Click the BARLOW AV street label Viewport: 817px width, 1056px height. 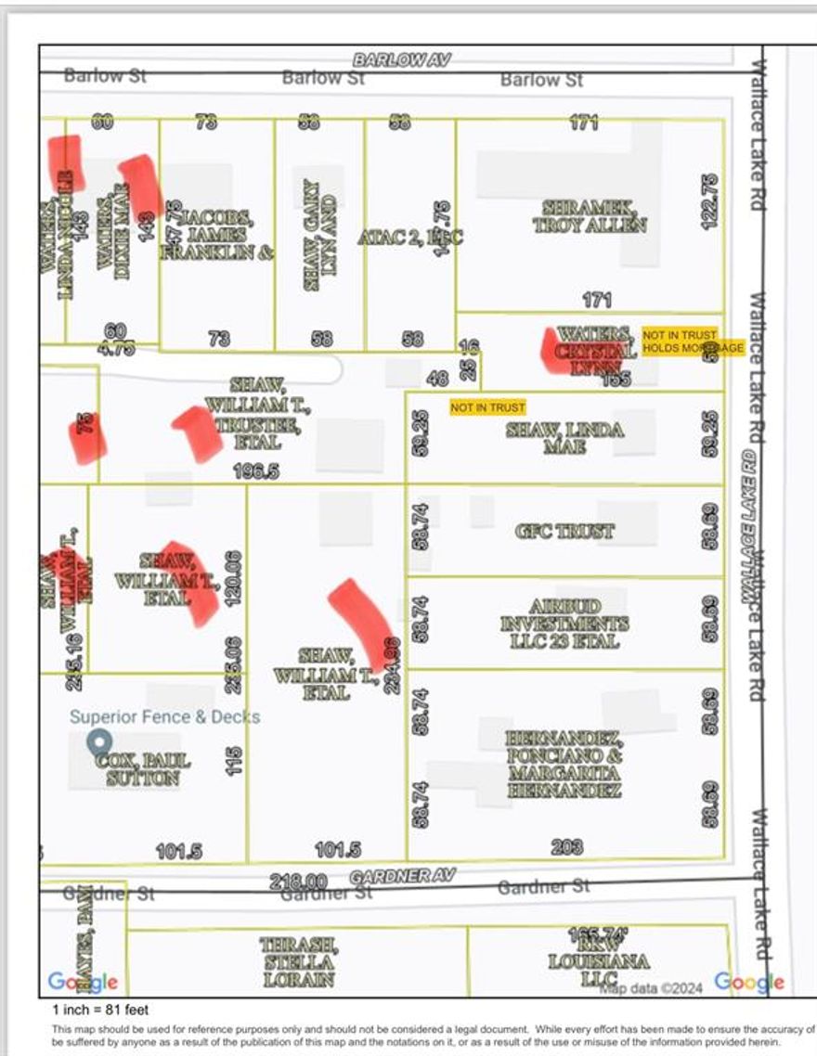pos(401,59)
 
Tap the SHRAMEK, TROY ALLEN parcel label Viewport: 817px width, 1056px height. pos(590,215)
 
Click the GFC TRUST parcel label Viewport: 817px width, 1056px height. pos(564,532)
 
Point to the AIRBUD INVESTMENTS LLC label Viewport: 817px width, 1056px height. pos(564,622)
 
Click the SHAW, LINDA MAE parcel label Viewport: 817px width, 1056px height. pos(564,438)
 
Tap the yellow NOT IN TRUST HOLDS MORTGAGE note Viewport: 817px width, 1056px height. pos(692,341)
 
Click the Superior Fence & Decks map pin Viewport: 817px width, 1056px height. pos(98,742)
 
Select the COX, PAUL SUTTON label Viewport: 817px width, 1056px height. pos(142,769)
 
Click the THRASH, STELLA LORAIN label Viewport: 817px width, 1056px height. pos(298,961)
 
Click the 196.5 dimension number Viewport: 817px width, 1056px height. pos(256,471)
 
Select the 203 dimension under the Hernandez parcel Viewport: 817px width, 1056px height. pos(566,846)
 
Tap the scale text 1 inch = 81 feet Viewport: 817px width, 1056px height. pos(100,1010)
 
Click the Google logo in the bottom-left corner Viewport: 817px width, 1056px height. pos(83,982)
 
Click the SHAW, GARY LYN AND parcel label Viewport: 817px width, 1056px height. pos(318,236)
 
